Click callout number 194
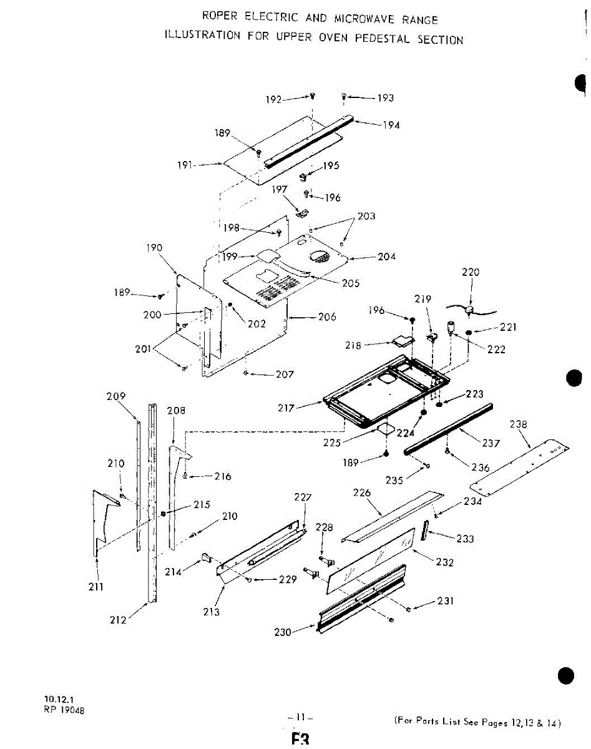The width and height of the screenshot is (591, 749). click(x=391, y=125)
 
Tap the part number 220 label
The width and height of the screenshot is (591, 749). click(x=471, y=272)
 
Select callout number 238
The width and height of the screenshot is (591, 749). click(x=519, y=424)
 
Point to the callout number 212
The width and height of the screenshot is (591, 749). click(x=119, y=620)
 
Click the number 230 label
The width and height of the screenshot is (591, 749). click(x=283, y=632)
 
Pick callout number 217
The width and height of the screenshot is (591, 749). click(x=286, y=408)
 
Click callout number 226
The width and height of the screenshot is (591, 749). click(x=362, y=493)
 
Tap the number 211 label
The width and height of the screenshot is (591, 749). click(x=96, y=587)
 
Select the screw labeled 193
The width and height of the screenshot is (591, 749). click(x=344, y=96)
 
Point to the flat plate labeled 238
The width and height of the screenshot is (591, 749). click(x=521, y=465)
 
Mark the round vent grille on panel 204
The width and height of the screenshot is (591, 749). click(x=320, y=256)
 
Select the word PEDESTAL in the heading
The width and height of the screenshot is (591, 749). click(x=382, y=39)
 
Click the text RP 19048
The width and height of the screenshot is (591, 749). click(x=64, y=708)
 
